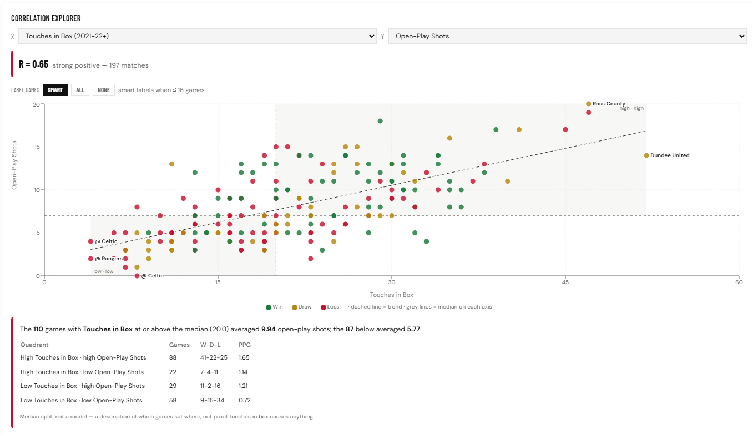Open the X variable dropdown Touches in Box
[198, 36]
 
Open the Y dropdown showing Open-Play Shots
[568, 36]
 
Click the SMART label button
[55, 90]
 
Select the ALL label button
[80, 90]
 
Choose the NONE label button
[104, 90]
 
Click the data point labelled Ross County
[588, 104]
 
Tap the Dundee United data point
[646, 155]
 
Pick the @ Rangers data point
[90, 259]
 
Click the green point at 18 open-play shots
[380, 121]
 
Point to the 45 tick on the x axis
[565, 282]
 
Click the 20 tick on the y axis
[36, 104]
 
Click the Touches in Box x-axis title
[391, 295]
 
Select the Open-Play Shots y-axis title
[14, 165]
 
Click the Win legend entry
[274, 307]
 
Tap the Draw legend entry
[301, 307]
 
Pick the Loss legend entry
[330, 307]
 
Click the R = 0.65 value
[33, 64]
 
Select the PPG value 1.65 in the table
[244, 357]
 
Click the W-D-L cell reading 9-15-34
[212, 400]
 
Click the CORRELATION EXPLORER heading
[46, 18]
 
